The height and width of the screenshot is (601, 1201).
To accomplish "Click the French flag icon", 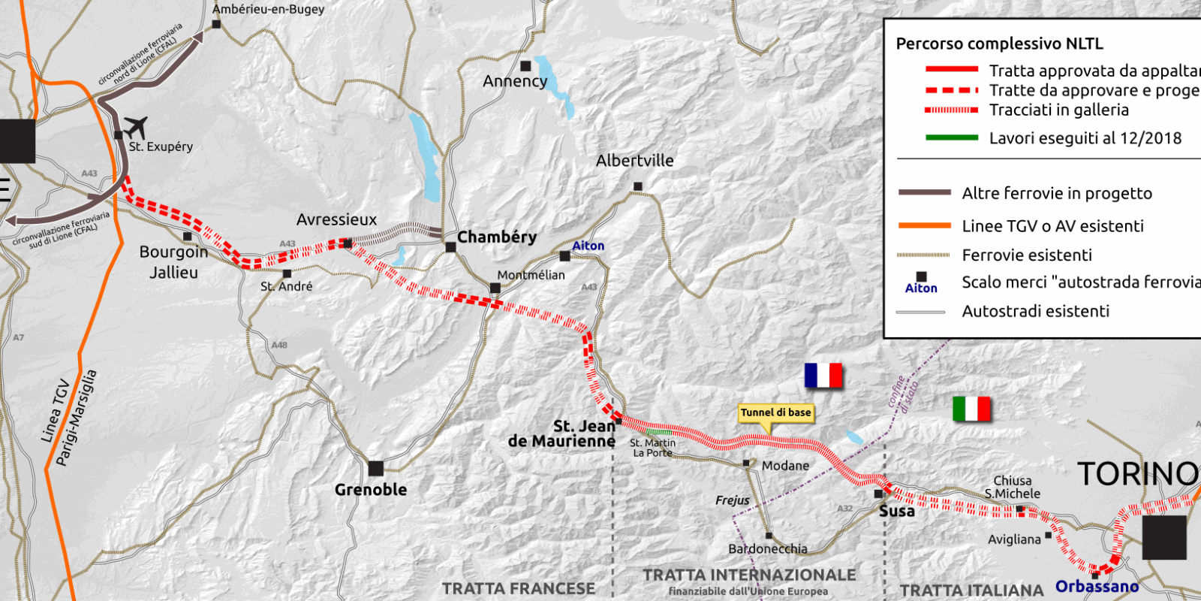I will [823, 375].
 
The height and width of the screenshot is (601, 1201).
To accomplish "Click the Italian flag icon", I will [971, 409].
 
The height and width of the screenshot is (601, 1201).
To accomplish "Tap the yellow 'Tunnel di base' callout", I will [775, 412].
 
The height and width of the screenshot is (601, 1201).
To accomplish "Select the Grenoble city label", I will [371, 490].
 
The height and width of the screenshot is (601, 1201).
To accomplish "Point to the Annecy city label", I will [515, 81].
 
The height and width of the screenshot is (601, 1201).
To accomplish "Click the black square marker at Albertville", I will [637, 186].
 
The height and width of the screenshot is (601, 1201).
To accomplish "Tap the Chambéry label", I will [496, 237].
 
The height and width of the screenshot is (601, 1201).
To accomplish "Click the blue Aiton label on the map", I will [588, 246].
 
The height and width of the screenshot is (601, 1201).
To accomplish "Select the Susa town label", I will [897, 512].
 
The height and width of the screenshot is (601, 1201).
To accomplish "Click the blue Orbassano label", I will [1097, 586].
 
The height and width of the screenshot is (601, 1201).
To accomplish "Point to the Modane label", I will [785, 466].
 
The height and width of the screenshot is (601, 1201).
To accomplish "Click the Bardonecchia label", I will [768, 549].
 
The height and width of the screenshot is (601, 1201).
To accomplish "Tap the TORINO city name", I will [1137, 474].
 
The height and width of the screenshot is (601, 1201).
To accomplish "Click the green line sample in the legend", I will [952, 137].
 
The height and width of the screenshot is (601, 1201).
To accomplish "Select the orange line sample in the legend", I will [925, 225].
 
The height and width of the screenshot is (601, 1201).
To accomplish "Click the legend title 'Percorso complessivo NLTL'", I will [999, 44].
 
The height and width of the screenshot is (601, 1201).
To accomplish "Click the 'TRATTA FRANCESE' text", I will [518, 588].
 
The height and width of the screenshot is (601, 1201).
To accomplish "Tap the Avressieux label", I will [336, 219].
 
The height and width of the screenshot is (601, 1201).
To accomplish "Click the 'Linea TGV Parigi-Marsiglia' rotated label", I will [68, 418].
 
